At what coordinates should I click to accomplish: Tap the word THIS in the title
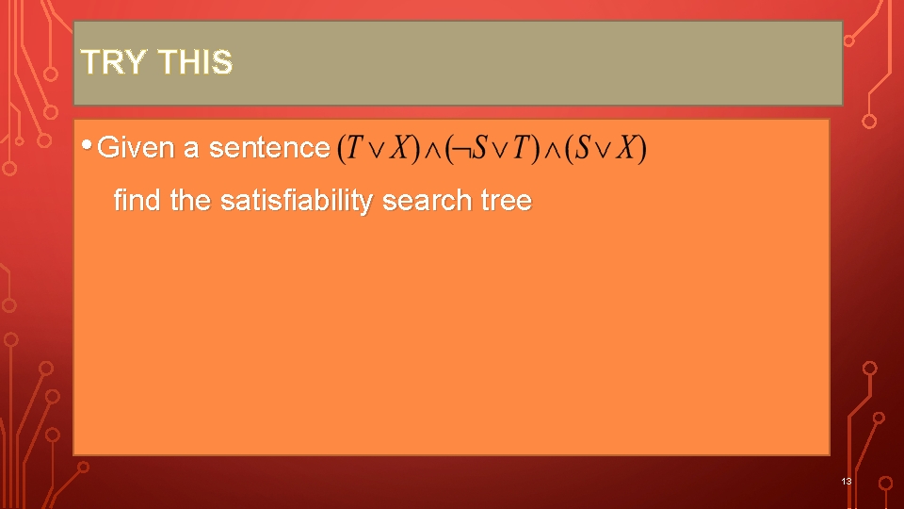(x=195, y=62)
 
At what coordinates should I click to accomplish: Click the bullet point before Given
(x=87, y=146)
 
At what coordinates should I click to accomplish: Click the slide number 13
(x=846, y=482)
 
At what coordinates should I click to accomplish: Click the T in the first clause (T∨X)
(x=355, y=149)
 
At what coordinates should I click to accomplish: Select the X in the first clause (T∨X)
(x=399, y=149)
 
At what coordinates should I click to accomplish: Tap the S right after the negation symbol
(x=478, y=149)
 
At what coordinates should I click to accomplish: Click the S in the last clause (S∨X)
(x=584, y=149)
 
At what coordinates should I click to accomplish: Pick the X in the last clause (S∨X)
(x=627, y=149)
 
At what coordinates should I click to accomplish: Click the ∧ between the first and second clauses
(x=432, y=149)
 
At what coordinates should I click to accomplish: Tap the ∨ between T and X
(x=377, y=149)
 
